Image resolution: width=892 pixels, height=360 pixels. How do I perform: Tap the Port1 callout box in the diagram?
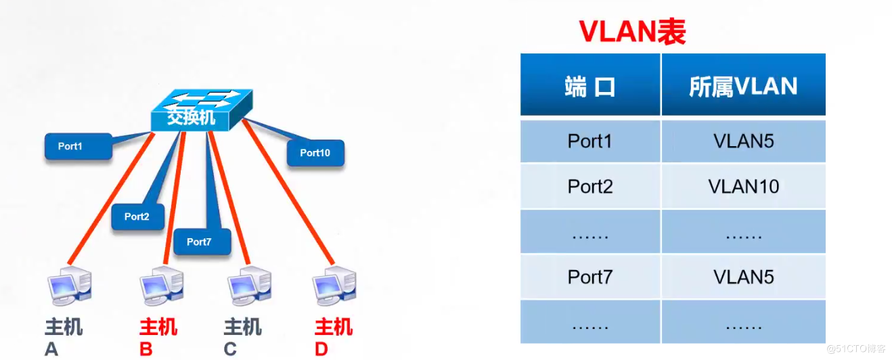78,146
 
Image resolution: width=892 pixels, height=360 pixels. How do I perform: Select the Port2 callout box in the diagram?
137,217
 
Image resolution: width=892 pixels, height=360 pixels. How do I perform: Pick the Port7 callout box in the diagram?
201,242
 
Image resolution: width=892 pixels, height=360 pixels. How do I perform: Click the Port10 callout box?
315,153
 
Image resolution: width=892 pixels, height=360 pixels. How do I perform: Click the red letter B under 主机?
146,349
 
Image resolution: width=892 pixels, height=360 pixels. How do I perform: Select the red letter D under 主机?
321,349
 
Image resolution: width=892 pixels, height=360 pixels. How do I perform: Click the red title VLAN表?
631,31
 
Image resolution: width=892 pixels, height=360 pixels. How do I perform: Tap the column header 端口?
590,87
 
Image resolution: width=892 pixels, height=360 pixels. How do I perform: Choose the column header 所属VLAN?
743,87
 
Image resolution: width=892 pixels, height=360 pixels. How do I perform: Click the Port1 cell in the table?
590,141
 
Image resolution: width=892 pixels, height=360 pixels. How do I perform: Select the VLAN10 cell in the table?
743,186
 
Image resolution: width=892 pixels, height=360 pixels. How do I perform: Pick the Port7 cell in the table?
590,277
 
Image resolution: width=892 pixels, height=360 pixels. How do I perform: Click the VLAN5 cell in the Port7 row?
743,277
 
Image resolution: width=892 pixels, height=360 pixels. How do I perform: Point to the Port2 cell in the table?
590,186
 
